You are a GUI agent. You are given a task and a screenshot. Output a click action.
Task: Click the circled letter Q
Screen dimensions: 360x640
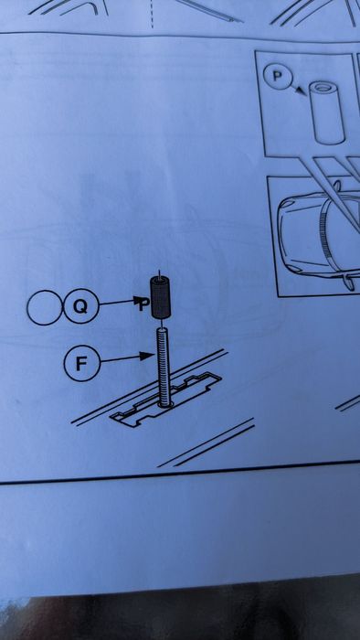[81, 306]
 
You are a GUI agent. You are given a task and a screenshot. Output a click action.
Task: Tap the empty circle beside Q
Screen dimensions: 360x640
[45, 307]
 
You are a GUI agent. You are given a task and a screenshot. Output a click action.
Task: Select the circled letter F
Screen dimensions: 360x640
[82, 363]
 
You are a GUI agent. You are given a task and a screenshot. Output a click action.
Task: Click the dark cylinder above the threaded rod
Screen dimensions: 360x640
[160, 297]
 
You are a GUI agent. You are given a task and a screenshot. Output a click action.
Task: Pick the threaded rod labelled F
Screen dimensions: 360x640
[164, 368]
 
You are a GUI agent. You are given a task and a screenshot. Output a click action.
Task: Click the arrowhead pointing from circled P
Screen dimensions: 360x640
[302, 91]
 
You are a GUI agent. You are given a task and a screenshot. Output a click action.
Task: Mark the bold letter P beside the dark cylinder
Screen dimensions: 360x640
[142, 304]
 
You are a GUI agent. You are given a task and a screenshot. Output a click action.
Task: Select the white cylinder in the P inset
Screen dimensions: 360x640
[327, 112]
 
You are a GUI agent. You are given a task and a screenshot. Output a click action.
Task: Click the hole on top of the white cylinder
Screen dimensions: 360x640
[323, 87]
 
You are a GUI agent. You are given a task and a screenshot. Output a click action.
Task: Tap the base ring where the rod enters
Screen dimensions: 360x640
[164, 404]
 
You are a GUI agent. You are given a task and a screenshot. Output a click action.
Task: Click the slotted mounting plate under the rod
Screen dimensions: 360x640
[166, 400]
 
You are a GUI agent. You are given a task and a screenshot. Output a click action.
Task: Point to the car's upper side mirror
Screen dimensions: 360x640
[337, 186]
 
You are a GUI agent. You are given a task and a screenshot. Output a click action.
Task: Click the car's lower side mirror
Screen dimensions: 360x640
[349, 282]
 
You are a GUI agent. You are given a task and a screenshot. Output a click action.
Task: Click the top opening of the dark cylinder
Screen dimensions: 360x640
[160, 280]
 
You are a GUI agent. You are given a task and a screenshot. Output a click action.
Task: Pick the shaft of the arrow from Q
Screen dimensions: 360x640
[117, 303]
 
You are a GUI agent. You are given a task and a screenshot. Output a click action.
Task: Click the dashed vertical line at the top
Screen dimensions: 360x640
[152, 14]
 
